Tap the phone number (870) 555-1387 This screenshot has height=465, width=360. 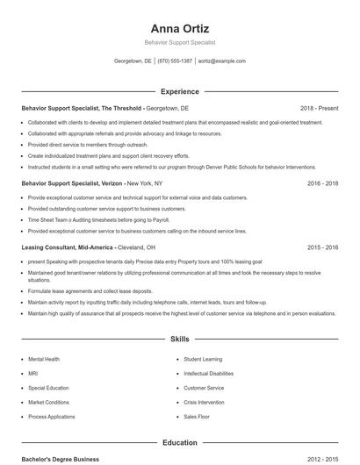point(175,61)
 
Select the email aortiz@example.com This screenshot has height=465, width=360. point(222,61)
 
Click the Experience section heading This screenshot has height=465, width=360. point(179,91)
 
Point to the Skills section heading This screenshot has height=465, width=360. point(179,338)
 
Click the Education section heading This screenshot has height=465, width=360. point(179,443)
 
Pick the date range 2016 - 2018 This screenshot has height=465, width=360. point(322,183)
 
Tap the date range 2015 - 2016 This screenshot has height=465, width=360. point(322,248)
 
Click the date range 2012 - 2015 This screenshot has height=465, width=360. point(322,459)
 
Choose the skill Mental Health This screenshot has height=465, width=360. point(44,359)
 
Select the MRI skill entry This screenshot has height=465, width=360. point(33,373)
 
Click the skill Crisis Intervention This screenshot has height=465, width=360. point(205,402)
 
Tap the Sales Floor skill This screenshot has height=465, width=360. point(197,416)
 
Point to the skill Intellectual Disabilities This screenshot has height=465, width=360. point(209,373)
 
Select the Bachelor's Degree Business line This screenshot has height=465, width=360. point(61,459)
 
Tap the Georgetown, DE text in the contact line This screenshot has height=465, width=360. point(133,61)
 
